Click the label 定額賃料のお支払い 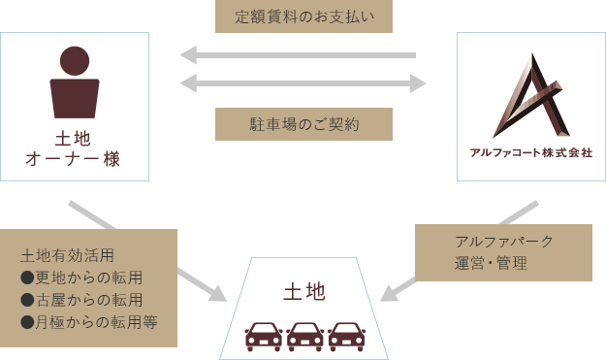303,16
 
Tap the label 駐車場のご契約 303,123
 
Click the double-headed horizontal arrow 303,83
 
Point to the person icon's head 75,60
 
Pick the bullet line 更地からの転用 81,278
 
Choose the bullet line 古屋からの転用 81,299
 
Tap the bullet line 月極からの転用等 88,321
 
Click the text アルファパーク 503,241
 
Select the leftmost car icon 263,335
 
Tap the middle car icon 304,335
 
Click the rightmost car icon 346,335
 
